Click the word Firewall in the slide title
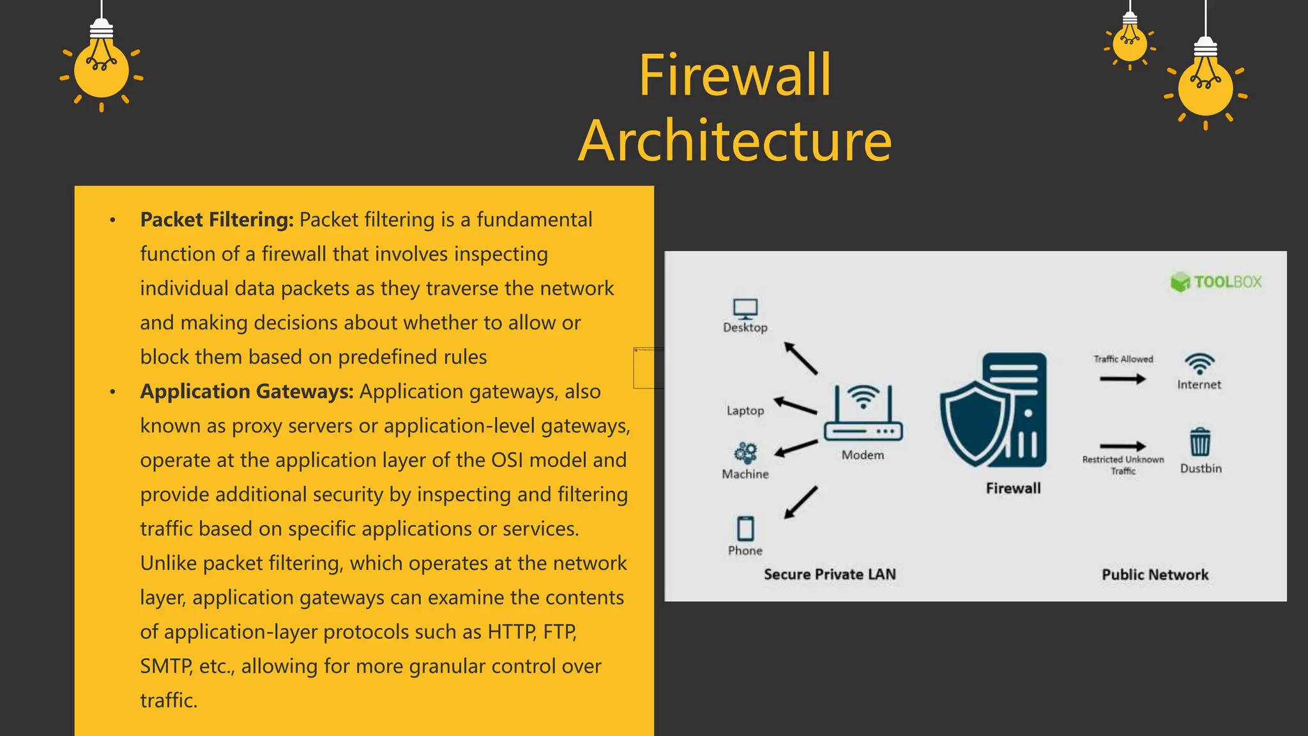click(x=735, y=75)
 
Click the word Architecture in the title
click(x=735, y=141)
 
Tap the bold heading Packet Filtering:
click(x=217, y=220)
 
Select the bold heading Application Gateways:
click(x=247, y=392)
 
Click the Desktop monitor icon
click(x=745, y=309)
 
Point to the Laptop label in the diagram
click(x=745, y=411)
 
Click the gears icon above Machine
click(x=745, y=453)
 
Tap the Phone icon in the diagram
click(x=745, y=528)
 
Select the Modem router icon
click(x=863, y=415)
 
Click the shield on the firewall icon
click(x=975, y=422)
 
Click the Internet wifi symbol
click(x=1199, y=364)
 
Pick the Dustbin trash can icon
click(x=1200, y=442)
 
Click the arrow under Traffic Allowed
click(x=1122, y=379)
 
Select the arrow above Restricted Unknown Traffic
click(x=1122, y=446)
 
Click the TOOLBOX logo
click(x=1216, y=282)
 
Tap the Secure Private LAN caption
click(x=830, y=574)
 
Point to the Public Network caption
click(x=1155, y=574)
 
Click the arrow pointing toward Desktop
click(x=801, y=358)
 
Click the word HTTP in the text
click(x=512, y=632)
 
